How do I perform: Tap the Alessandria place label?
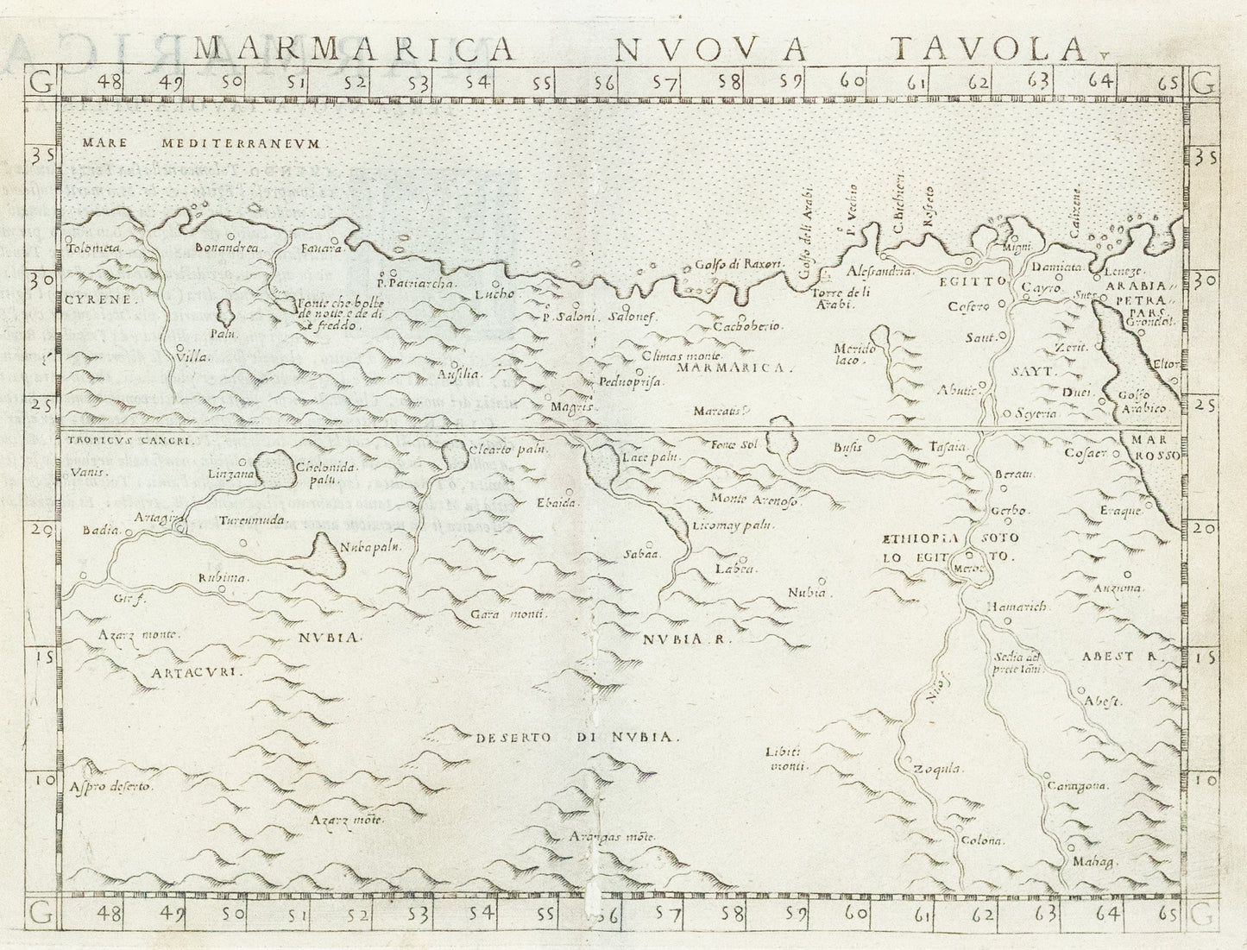click(x=874, y=271)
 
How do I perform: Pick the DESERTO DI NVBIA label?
click(x=578, y=738)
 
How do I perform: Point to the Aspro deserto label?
click(x=111, y=787)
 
